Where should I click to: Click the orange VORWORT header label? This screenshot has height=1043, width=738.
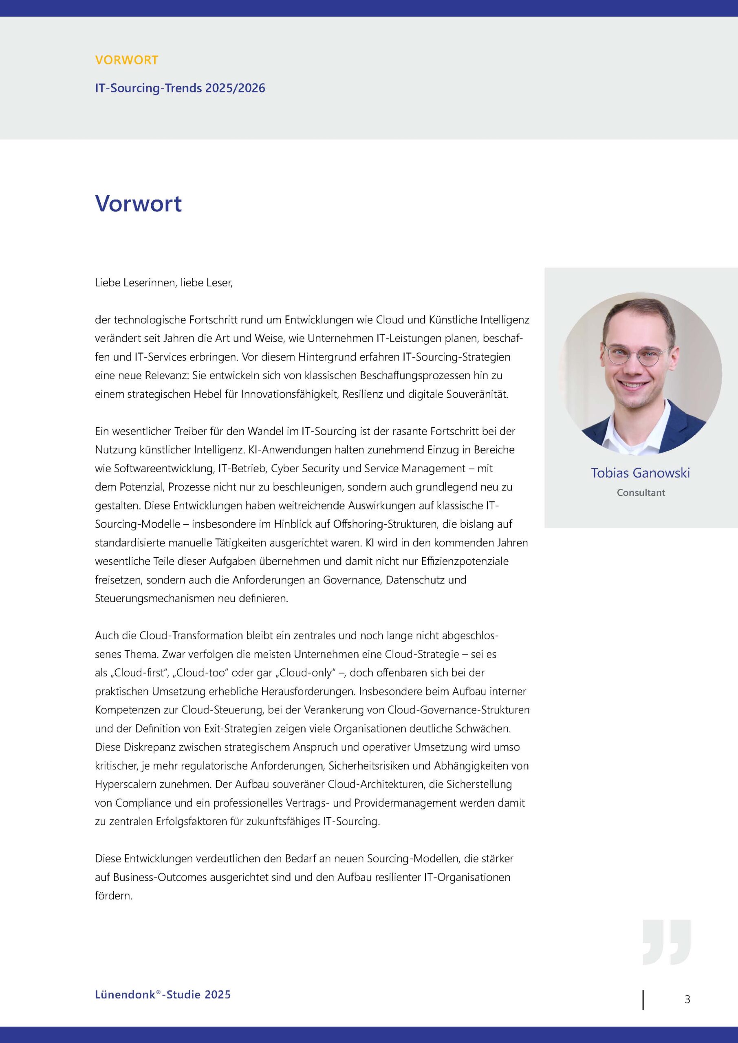coord(126,60)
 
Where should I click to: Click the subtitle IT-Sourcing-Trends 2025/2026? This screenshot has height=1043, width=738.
coord(180,88)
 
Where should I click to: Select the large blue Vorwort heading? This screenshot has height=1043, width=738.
coord(138,204)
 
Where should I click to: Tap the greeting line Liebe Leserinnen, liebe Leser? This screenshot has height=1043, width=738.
coord(163,283)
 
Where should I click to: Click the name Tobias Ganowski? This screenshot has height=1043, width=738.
coord(640,473)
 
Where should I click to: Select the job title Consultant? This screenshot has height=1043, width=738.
coord(641,493)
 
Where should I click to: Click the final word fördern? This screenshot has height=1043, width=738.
coord(114,896)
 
